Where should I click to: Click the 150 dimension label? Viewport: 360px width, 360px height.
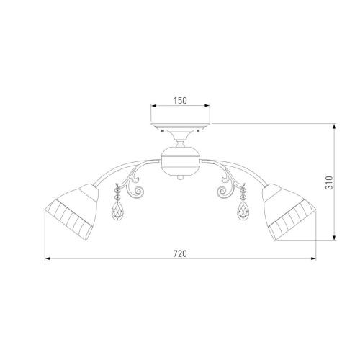tap(180, 101)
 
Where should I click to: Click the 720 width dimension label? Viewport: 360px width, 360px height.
tap(180, 253)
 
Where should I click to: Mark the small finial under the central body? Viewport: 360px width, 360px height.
tap(180, 177)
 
